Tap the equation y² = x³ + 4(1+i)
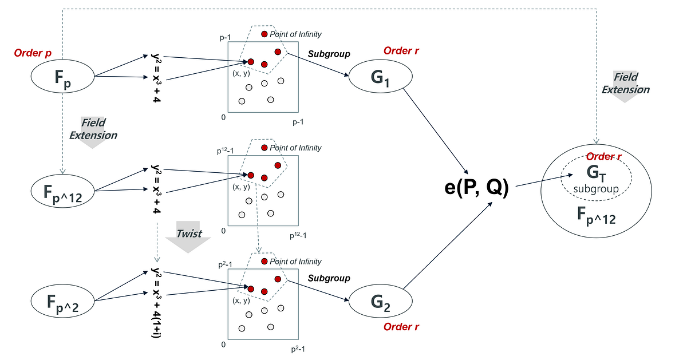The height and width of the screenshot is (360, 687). [x=156, y=302]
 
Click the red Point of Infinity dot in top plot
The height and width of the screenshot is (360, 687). [x=264, y=34]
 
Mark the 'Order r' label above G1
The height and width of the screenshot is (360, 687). [x=401, y=50]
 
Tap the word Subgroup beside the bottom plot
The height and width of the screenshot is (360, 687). [x=329, y=278]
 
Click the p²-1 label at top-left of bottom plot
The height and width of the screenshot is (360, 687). [x=224, y=265]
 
